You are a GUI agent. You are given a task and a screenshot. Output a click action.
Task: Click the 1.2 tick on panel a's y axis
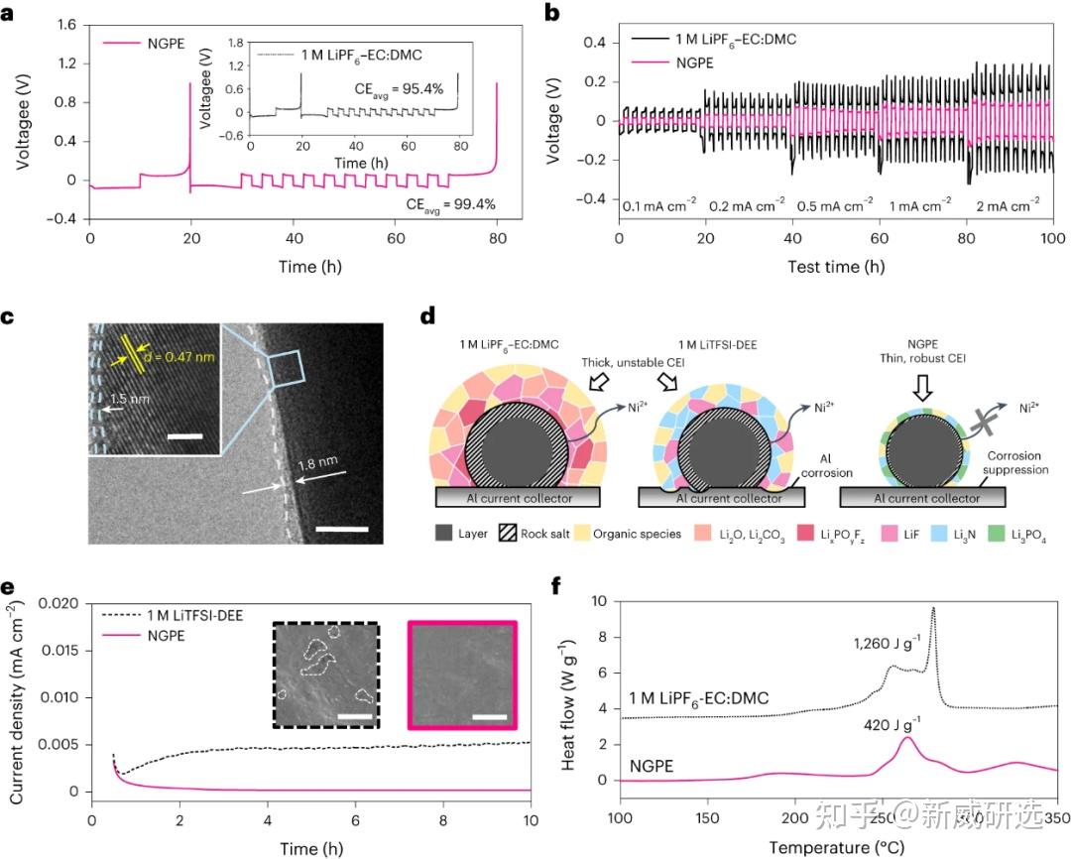pyautogui.click(x=66, y=65)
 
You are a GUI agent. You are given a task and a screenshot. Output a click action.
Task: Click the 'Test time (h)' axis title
pyautogui.click(x=835, y=267)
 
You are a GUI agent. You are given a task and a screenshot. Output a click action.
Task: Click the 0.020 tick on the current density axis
pyautogui.click(x=64, y=604)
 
